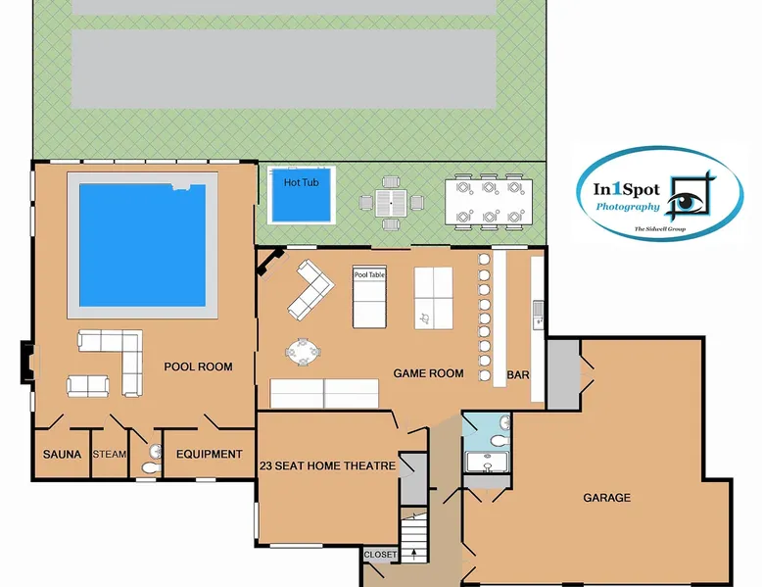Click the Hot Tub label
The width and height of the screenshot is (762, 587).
pos(301,182)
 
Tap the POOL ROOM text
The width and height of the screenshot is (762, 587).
pos(198,367)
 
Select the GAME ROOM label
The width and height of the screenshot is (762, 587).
pos(428,373)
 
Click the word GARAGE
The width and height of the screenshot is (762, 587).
pos(607,498)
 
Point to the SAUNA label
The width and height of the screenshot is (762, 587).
pos(63,455)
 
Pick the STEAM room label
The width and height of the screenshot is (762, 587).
pos(110,455)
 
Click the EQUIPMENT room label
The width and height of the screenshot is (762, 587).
pos(209,455)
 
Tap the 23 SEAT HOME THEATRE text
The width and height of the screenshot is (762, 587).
pos(327,465)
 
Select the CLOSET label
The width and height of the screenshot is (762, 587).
pos(380,555)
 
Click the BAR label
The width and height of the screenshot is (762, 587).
pos(518,375)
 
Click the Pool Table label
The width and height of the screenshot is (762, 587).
pos(369,274)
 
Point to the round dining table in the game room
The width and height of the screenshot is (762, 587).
pos(304,351)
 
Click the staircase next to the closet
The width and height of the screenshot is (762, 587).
pos(413,535)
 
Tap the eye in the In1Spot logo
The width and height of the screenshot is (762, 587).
pos(687,200)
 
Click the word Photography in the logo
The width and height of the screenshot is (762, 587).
pos(628,207)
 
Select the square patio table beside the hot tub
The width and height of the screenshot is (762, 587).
pos(391,203)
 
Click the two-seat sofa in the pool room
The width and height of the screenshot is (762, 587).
pos(87,386)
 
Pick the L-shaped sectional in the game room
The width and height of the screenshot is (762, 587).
pos(310,290)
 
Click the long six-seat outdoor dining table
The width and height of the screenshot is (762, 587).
pos(489,202)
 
